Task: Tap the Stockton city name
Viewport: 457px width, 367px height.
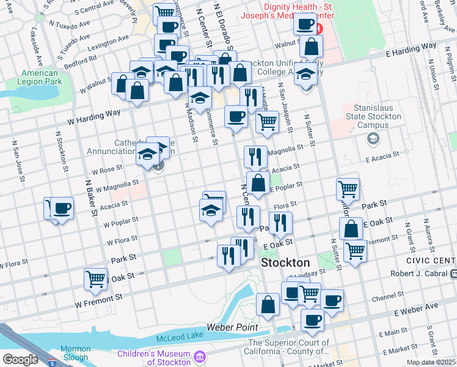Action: [x=285, y=262]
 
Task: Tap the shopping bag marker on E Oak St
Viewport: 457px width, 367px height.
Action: [x=352, y=229]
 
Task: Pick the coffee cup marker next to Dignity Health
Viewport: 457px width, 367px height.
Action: [x=305, y=24]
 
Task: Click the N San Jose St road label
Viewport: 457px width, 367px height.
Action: [x=18, y=161]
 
